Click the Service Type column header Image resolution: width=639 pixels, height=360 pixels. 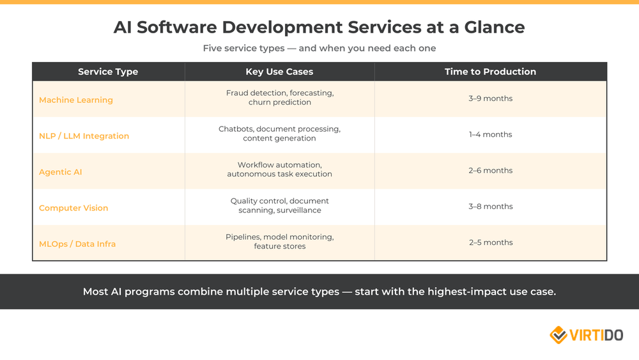click(108, 72)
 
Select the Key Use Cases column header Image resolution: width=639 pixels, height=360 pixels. click(279, 72)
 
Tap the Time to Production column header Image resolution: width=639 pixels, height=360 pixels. click(490, 72)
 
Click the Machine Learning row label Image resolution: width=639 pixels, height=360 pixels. click(76, 100)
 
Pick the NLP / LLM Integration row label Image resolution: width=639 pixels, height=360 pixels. click(84, 136)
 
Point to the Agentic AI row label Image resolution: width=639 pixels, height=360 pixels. click(61, 172)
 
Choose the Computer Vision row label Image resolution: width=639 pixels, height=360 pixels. click(73, 208)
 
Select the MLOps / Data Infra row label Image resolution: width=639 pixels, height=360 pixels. click(77, 244)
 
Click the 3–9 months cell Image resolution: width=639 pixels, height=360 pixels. click(490, 98)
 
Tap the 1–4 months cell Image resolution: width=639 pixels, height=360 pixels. click(490, 134)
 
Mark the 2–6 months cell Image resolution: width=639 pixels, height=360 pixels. click(490, 171)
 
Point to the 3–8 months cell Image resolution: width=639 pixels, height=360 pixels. click(490, 207)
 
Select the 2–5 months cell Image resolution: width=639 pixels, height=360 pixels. click(490, 242)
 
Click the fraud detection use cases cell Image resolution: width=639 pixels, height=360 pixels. click(279, 97)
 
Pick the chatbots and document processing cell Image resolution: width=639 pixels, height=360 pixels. click(279, 134)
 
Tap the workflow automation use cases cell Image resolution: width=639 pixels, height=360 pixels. click(279, 169)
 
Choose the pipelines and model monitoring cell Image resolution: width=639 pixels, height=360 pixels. click(279, 241)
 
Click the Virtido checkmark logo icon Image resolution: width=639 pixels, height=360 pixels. click(558, 334)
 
